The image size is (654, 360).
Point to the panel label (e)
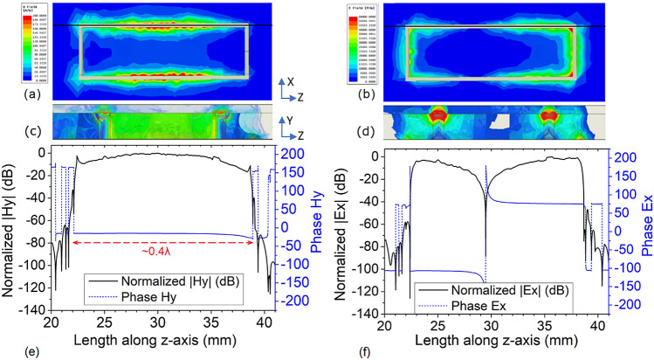click(x=11, y=350)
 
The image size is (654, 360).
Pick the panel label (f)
click(x=343, y=350)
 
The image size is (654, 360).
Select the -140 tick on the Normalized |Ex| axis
click(x=364, y=313)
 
